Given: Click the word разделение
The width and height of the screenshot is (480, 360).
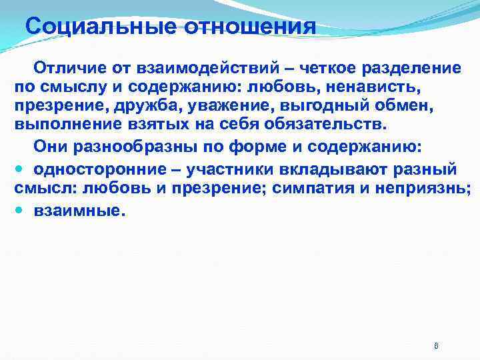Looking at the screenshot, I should (x=409, y=68).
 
